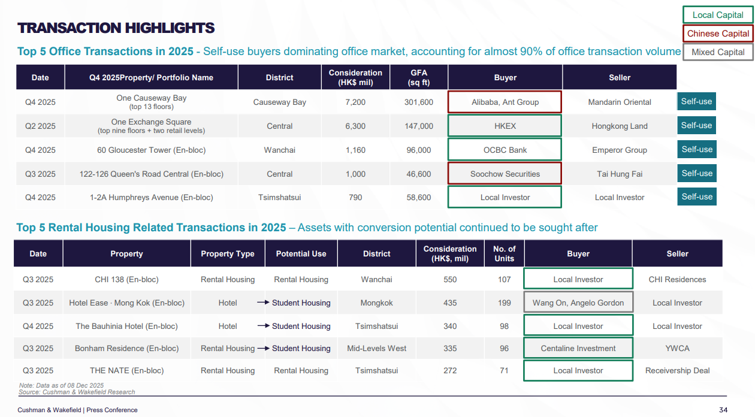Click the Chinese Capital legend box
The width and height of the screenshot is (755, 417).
tap(718, 34)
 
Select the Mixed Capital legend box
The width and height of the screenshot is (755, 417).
tap(718, 52)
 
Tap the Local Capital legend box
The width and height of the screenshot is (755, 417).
tap(718, 15)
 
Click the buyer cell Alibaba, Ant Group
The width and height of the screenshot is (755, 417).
tap(505, 102)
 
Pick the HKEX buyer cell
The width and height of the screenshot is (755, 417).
tap(505, 126)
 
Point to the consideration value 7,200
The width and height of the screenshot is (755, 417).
tap(355, 102)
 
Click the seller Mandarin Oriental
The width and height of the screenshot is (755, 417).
tap(620, 102)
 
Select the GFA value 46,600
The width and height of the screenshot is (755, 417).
tap(418, 174)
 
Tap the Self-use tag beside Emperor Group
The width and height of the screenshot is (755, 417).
tap(697, 149)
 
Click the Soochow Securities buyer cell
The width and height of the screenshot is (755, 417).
tap(505, 174)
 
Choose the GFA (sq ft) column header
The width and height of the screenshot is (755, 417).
tap(418, 77)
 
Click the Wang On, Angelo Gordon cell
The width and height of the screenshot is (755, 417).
tap(578, 303)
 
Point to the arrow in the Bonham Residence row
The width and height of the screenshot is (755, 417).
tap(264, 348)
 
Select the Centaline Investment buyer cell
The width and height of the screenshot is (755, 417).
tap(578, 348)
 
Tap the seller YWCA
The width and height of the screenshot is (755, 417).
tap(677, 348)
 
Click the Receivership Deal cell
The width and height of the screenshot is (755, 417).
tap(677, 370)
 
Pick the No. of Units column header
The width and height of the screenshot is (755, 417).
tap(504, 253)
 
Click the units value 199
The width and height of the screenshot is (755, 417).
tap(504, 303)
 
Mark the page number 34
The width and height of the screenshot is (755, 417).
tap(723, 410)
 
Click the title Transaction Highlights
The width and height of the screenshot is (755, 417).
tap(116, 28)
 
